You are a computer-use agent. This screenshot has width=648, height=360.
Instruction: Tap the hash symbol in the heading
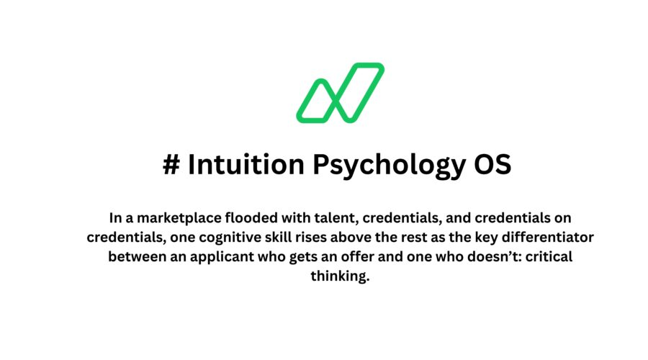coord(171,164)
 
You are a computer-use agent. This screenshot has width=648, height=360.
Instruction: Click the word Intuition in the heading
coord(246,164)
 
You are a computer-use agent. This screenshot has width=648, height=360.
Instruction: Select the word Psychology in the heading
coord(389,166)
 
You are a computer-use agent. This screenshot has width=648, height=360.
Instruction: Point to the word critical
coord(549,256)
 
